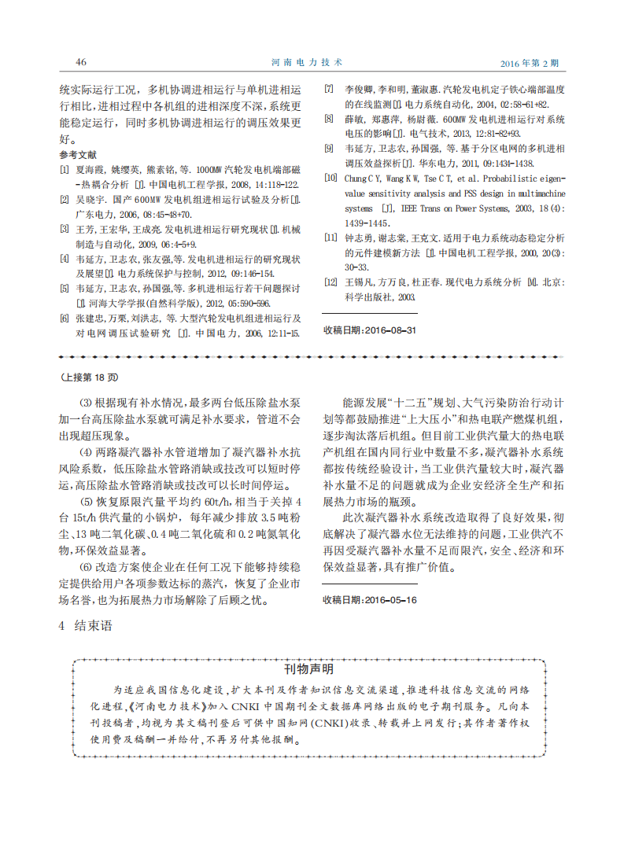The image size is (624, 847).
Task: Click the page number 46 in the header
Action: click(x=80, y=61)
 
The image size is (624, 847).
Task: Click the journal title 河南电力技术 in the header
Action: click(x=312, y=61)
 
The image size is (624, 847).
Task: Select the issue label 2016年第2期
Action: click(x=530, y=62)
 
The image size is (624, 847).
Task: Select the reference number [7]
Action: click(x=329, y=89)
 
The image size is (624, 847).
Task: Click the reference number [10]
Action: click(x=330, y=179)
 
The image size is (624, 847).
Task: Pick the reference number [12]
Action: click(x=330, y=282)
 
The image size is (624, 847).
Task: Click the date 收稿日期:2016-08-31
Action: click(x=370, y=330)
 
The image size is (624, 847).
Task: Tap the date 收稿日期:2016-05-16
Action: click(x=370, y=599)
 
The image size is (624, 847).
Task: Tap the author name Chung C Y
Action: click(x=364, y=179)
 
